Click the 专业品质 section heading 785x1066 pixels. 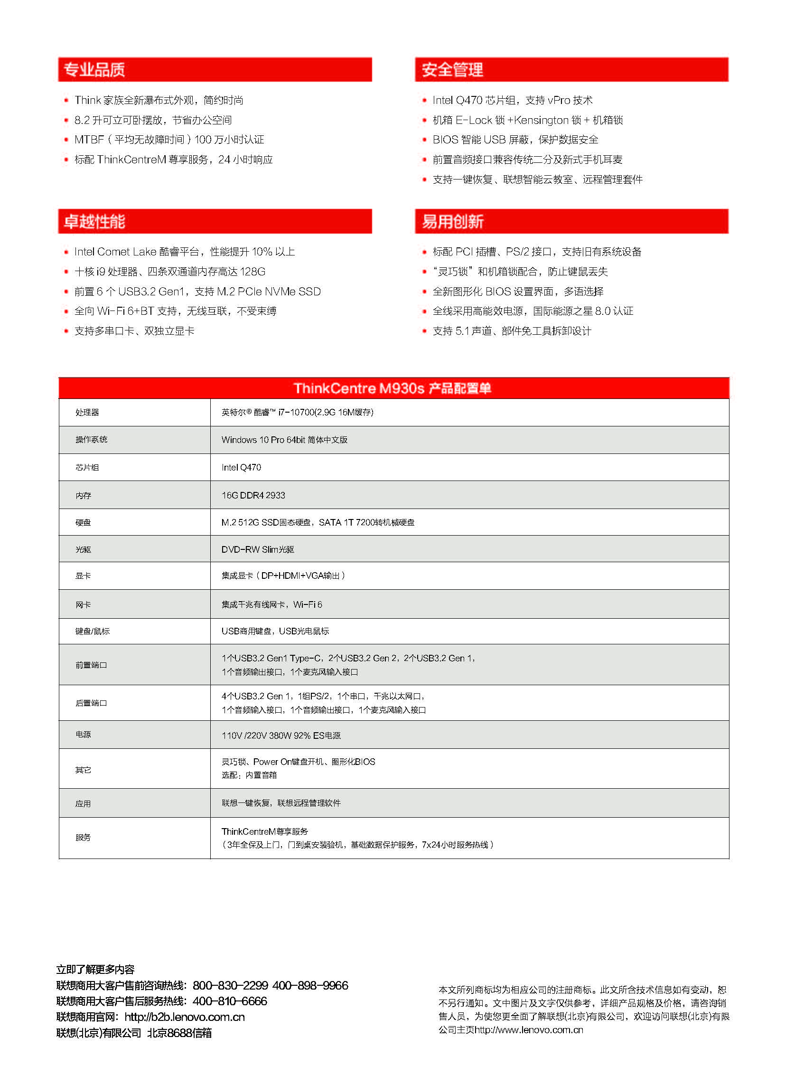pos(94,70)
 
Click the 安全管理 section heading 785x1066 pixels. pos(452,70)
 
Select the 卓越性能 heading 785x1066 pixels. pos(94,222)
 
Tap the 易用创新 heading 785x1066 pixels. pos(452,222)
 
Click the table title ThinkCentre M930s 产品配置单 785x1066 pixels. pos(392,388)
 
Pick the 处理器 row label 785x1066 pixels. pos(87,412)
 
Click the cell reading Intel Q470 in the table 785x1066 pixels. pos(241,467)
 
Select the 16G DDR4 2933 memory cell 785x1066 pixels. pos(253,495)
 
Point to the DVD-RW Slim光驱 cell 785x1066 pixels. pos(258,549)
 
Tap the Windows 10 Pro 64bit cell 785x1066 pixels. pos(284,440)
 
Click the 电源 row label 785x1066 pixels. pos(83,735)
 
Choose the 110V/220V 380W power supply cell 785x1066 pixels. pos(281,736)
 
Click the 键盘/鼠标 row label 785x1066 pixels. pos(92,632)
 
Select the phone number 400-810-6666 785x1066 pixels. pos(230,1001)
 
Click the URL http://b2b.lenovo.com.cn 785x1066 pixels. pos(184,1017)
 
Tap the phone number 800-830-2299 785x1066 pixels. pos(230,986)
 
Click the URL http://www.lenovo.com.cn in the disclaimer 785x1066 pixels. pos(529,1030)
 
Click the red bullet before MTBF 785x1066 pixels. pos(66,140)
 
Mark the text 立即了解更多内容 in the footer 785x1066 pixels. pos(95,970)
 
